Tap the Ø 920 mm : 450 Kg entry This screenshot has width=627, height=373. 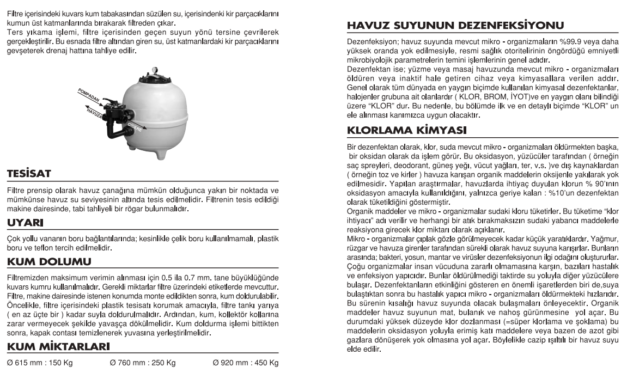tap(245, 363)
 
